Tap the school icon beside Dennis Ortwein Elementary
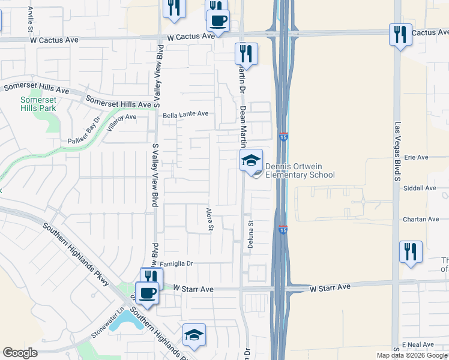tap(252, 160)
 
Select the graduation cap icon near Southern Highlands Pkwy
tap(194, 335)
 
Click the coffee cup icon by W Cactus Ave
tap(218, 21)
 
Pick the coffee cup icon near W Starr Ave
tap(146, 293)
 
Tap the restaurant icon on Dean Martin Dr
tap(246, 54)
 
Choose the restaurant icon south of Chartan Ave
tap(411, 252)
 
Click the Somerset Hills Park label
tap(38, 104)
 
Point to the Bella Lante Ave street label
tap(185, 113)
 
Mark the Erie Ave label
tap(416, 157)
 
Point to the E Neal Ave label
tap(418, 344)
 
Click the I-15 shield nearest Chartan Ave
tap(283, 230)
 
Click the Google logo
tap(20, 353)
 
